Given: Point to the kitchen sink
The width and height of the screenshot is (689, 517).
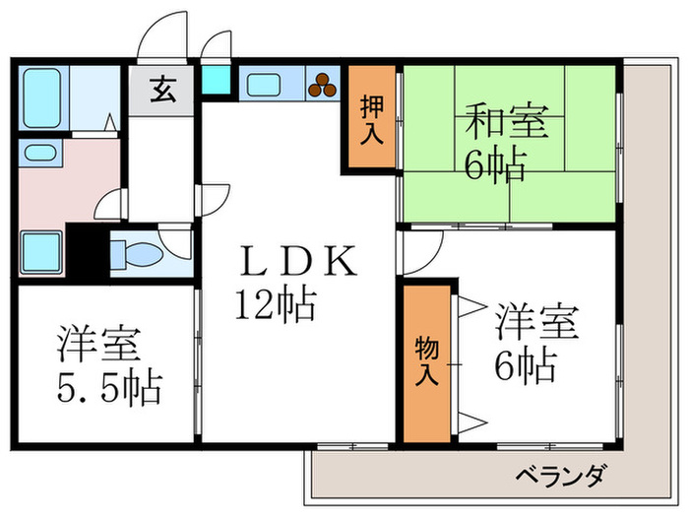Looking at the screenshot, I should [264, 86].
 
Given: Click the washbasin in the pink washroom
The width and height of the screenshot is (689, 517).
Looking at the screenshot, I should [39, 153].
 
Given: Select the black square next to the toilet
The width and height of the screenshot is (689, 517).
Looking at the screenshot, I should [89, 252].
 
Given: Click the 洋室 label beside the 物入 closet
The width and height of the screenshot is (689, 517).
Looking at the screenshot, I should [537, 322].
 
